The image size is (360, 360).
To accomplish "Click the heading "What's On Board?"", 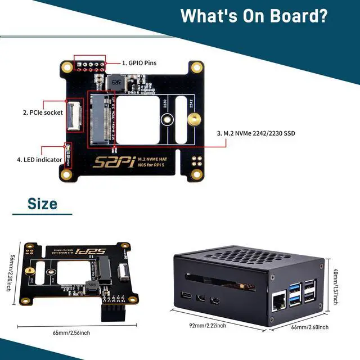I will click(x=254, y=15).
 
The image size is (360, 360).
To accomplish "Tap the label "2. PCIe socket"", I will click(x=42, y=112).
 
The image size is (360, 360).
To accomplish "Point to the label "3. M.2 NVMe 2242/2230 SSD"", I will click(x=256, y=133).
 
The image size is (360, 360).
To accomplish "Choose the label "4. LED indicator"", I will click(x=39, y=160).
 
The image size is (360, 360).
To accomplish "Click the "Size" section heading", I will click(x=43, y=204).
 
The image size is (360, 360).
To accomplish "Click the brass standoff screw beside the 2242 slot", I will click(x=193, y=119).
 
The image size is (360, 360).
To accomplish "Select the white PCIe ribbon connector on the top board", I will click(x=73, y=115).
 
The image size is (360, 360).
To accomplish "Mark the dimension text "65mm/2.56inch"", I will click(x=71, y=332).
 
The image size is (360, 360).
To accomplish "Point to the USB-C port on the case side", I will click(x=185, y=296).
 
